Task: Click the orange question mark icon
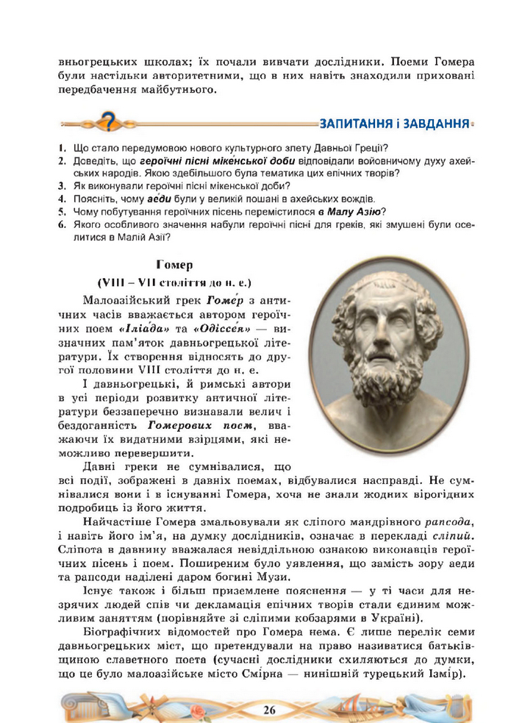(109, 120)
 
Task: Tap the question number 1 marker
(63, 147)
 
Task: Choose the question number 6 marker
(63, 224)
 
